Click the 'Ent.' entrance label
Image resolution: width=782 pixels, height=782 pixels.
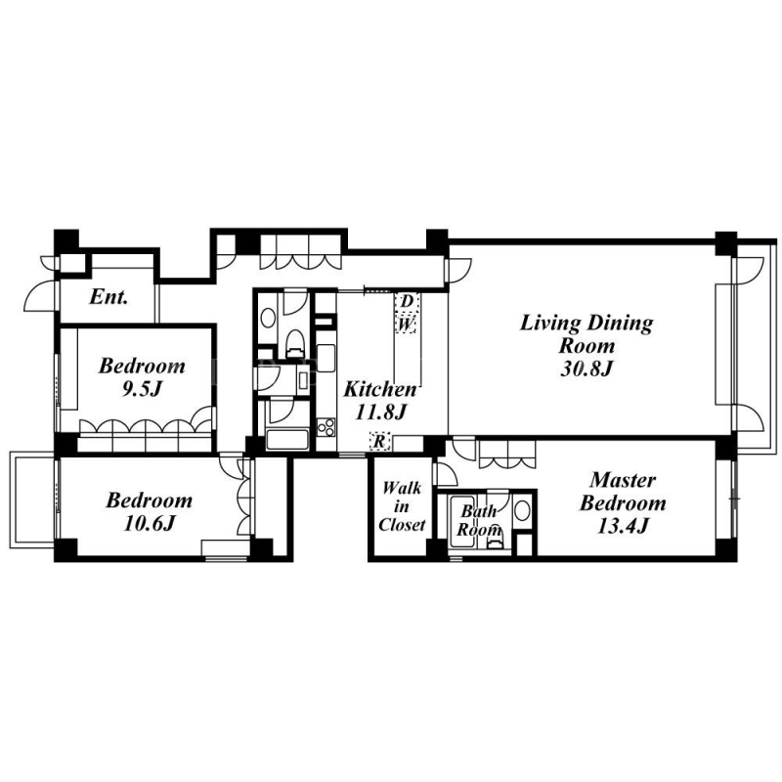109,297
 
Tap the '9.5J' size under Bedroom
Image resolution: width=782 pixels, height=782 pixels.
142,389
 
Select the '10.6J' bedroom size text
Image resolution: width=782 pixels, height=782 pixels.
150,524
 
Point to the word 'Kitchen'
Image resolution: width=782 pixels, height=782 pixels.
380,389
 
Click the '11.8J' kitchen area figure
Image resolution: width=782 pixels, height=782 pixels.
381,413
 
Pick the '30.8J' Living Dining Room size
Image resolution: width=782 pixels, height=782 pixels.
586,369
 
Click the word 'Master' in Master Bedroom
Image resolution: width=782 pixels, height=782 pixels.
623,480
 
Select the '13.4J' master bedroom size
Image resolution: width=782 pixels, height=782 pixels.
623,526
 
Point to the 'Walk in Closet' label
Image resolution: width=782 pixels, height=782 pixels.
402,505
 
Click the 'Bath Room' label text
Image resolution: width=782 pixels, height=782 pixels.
479,520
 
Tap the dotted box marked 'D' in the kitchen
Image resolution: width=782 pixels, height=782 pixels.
408,302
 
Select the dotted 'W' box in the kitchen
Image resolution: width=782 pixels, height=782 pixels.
407,325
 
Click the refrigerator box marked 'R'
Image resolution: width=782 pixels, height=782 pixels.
380,441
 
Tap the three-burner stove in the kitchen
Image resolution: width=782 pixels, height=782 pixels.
326,428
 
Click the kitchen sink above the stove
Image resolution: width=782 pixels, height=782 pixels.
326,358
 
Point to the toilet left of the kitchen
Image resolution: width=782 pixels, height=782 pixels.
295,343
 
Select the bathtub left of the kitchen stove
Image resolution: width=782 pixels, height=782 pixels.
286,439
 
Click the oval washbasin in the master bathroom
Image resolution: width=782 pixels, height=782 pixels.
522,510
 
